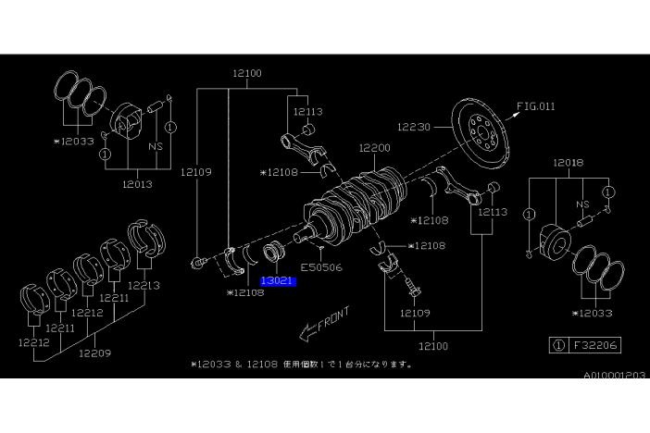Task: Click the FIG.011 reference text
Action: click(x=536, y=106)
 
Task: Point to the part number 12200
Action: click(x=376, y=147)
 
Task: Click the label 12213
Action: click(x=144, y=285)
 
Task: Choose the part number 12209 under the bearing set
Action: click(x=95, y=352)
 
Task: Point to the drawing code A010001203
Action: click(x=615, y=376)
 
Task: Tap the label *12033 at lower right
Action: click(x=594, y=314)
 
